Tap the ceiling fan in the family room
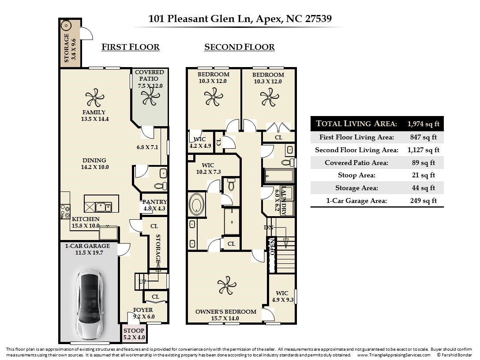point(95,97)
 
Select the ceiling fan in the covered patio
point(150,97)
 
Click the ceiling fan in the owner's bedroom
point(227,285)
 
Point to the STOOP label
point(134,330)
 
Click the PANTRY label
point(154,202)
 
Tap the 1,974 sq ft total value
point(424,124)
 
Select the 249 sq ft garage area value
point(424,201)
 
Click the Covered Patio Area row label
point(356,162)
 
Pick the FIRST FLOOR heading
point(131,47)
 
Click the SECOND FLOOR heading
point(240,47)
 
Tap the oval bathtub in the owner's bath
point(197,204)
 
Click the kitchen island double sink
point(104,207)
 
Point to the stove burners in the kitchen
point(65,211)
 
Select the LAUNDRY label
point(284,201)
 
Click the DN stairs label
point(269,228)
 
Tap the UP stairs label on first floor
point(142,281)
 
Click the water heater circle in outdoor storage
point(66,26)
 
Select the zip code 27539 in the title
point(319,19)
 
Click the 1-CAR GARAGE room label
point(87,246)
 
